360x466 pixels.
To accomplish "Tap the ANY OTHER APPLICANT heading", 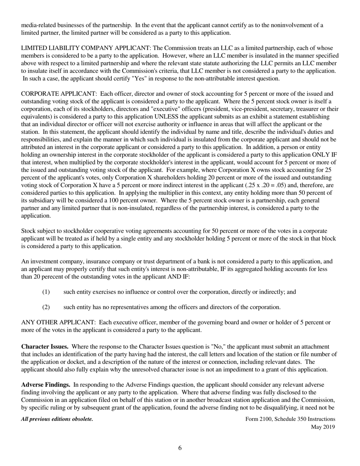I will tap(58, 322).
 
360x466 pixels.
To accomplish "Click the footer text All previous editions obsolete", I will tap(57, 419).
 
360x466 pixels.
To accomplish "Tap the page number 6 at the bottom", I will tap(180, 448).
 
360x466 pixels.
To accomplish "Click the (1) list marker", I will tap(45, 292).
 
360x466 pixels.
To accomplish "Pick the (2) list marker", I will tap(45, 307).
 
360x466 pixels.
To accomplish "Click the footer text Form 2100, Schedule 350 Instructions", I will tap(290, 419).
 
